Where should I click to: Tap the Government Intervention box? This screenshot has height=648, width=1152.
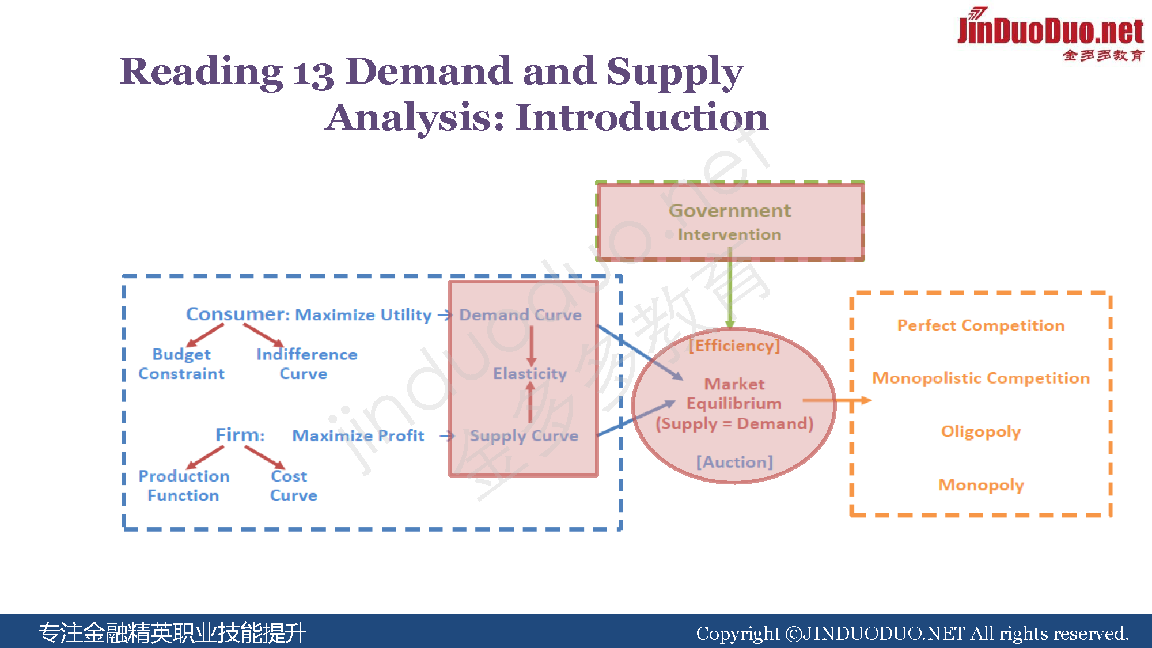click(x=730, y=221)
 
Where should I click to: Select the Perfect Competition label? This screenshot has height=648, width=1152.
click(x=981, y=325)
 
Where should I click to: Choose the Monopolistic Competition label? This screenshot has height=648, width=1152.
click(x=981, y=378)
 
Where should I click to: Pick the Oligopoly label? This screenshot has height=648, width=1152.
click(x=981, y=431)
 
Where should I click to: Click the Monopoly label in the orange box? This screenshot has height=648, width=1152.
click(x=981, y=485)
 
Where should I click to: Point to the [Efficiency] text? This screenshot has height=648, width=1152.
click(x=734, y=346)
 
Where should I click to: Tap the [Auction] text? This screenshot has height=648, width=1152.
click(x=734, y=462)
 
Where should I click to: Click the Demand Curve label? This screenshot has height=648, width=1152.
click(x=520, y=315)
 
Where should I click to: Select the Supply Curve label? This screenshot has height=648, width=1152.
click(x=524, y=436)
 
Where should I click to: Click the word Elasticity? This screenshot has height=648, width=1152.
click(x=530, y=374)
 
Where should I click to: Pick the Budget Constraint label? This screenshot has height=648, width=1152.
click(x=181, y=364)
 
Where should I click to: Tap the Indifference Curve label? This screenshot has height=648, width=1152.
click(x=306, y=364)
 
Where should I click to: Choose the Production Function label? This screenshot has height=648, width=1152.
click(x=184, y=486)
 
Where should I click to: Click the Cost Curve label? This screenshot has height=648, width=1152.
click(x=293, y=486)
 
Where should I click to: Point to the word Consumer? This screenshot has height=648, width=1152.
click(x=238, y=314)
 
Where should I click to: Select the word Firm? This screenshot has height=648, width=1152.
click(x=240, y=435)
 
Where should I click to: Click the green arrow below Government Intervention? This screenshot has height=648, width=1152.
click(x=730, y=288)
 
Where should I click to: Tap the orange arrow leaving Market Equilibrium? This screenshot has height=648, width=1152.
click(x=836, y=400)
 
